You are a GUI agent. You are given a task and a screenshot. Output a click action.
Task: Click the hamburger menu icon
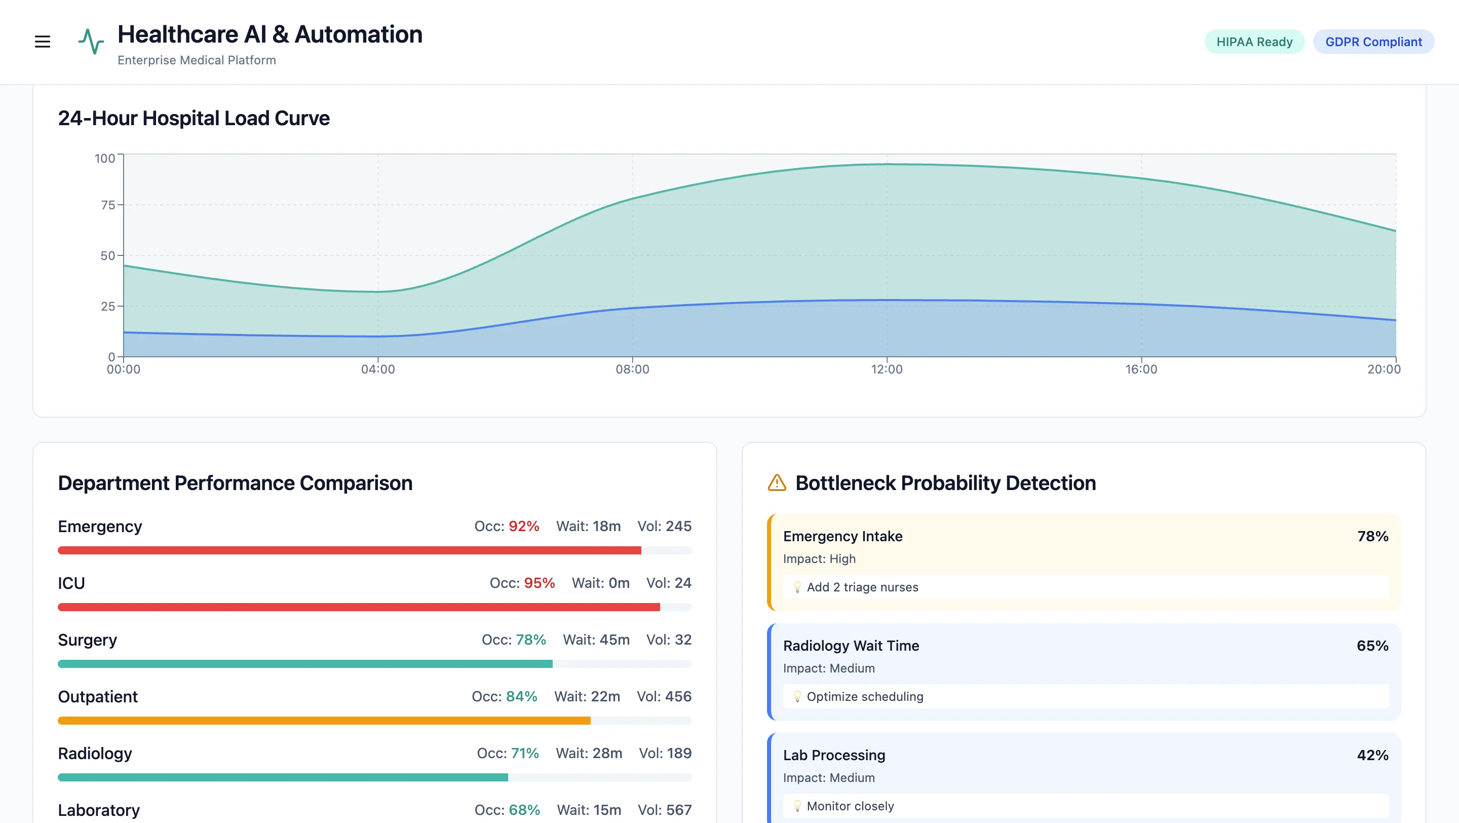point(43,42)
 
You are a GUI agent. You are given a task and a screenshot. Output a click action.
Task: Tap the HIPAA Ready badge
point(1254,42)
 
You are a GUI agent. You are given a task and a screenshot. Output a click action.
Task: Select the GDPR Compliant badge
point(1373,42)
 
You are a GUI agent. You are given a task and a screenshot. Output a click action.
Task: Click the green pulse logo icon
point(91,42)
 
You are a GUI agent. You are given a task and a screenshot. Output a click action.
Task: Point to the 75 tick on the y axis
point(107,205)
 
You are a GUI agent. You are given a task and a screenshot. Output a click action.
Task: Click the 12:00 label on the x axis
point(887,369)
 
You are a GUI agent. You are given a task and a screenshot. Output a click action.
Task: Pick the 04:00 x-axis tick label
point(378,369)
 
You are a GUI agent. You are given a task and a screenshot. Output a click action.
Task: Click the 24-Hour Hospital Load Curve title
point(194,119)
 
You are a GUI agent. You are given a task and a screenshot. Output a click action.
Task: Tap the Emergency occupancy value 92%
point(523,526)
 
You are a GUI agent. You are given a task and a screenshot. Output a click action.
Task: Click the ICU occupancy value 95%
point(539,583)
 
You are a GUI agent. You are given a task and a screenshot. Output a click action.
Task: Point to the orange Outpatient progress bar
point(324,721)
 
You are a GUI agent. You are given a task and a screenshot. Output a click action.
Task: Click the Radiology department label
point(95,754)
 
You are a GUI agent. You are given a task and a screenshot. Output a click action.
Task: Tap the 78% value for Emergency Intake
point(1372,536)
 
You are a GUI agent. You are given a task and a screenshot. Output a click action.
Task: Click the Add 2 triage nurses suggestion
point(862,587)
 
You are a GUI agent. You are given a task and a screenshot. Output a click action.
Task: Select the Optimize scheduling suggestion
point(864,696)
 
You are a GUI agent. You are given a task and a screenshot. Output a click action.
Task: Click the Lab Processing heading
point(834,755)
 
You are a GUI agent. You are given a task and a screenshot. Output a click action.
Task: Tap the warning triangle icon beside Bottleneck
point(777,482)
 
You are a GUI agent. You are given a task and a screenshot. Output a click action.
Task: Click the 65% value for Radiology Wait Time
point(1372,646)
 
